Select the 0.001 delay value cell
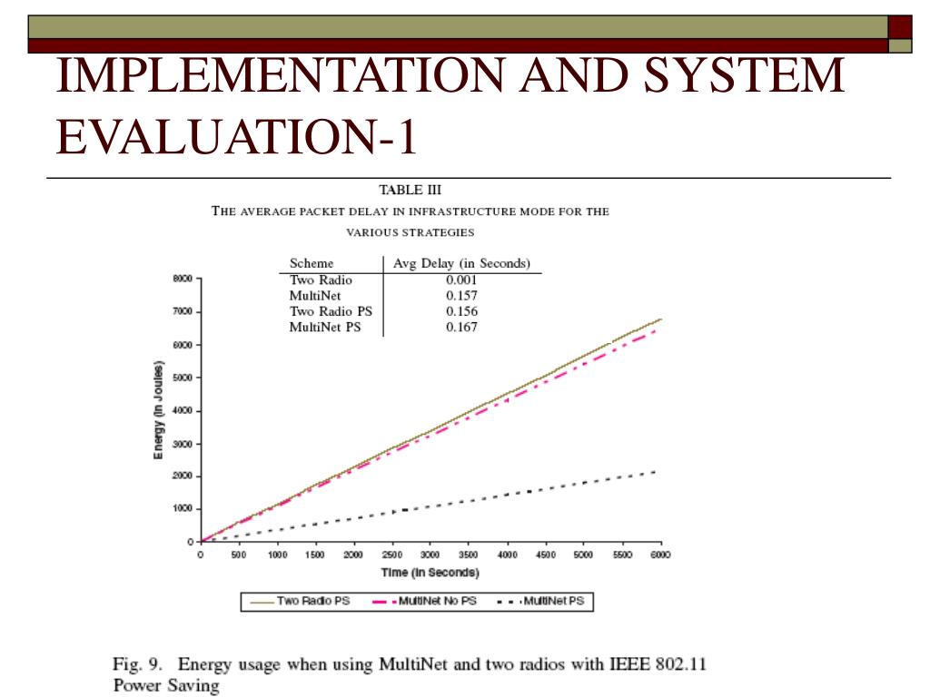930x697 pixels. tap(461, 280)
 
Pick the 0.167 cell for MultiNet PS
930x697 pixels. tap(461, 327)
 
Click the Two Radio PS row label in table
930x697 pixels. tap(331, 311)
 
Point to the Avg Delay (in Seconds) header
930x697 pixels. tap(461, 263)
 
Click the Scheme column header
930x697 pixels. tap(312, 263)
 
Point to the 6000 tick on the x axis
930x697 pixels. tap(660, 555)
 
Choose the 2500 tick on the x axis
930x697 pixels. tap(392, 555)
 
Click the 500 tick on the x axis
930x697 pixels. tap(238, 555)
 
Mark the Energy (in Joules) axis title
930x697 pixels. tap(158, 410)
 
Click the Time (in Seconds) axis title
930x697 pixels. tap(430, 573)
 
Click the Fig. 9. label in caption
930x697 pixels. tap(139, 663)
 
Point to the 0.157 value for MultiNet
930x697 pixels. tap(461, 296)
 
